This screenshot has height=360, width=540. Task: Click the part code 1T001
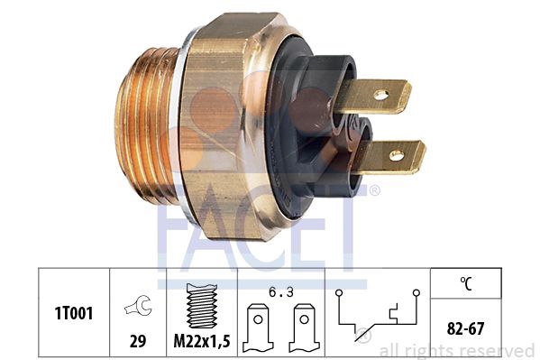point(74,313)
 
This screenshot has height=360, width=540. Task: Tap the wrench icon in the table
point(138,306)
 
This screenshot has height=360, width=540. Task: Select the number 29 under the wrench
point(138,341)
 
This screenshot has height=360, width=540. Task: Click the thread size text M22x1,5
point(202,341)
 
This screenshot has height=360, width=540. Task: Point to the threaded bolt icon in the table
point(201,306)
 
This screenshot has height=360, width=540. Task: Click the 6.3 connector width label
point(281,292)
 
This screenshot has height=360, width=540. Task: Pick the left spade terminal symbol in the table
point(258,328)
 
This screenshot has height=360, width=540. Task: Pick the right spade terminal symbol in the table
point(304,328)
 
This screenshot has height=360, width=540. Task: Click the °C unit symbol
point(466,283)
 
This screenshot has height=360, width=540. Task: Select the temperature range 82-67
point(465,328)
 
